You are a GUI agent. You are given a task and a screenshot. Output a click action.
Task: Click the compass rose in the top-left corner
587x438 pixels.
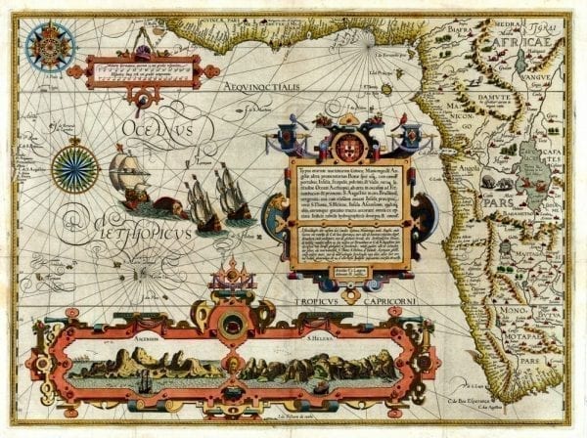tap(44, 44)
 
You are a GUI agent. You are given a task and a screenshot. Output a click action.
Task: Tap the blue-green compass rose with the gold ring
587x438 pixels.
tap(75, 165)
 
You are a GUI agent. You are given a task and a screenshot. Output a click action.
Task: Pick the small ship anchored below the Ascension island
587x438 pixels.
tap(143, 383)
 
